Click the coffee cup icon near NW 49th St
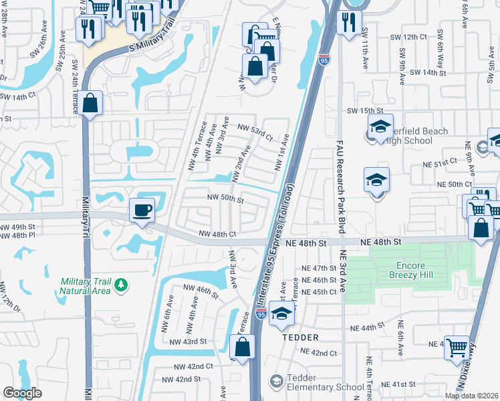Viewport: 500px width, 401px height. [142, 210]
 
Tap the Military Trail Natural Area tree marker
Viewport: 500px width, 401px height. [121, 286]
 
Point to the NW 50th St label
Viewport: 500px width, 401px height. [225, 198]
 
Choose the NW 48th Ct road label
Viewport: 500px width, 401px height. [218, 234]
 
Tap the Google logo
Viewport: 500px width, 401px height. [22, 393]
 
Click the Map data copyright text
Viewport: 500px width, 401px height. [472, 396]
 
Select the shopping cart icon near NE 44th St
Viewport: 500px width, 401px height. [457, 347]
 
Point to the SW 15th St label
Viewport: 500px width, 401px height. [364, 110]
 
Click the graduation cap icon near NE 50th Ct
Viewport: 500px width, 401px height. [377, 180]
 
